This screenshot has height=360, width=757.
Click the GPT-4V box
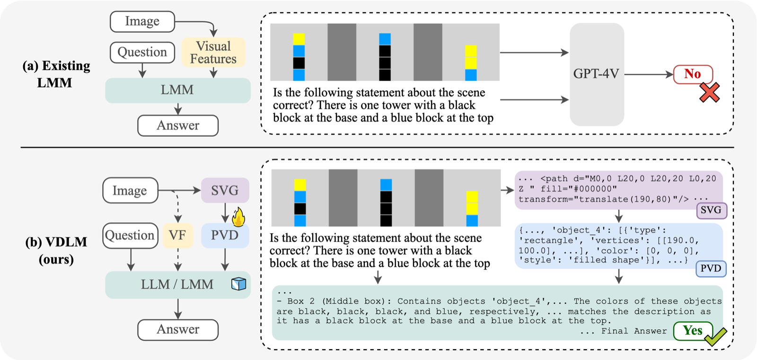pyautogui.click(x=596, y=74)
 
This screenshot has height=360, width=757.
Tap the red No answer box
pyautogui.click(x=692, y=74)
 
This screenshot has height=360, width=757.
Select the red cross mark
pyautogui.click(x=709, y=93)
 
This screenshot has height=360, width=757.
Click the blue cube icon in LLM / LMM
pyautogui.click(x=238, y=284)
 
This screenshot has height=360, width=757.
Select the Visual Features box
pyautogui.click(x=213, y=53)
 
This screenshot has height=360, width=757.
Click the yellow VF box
pyautogui.click(x=177, y=235)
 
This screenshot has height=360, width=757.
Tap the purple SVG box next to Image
pyautogui.click(x=225, y=190)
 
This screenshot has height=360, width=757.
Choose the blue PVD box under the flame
pyautogui.click(x=225, y=235)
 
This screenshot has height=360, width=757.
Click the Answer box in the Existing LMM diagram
pyautogui.click(x=178, y=125)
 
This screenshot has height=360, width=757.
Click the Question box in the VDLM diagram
pyautogui.click(x=130, y=235)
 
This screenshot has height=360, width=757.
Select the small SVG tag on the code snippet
pyautogui.click(x=711, y=210)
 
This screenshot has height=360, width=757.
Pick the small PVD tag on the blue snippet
pyautogui.click(x=711, y=269)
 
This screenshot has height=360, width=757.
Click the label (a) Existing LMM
pyautogui.click(x=56, y=74)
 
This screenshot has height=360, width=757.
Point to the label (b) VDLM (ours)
pyautogui.click(x=56, y=250)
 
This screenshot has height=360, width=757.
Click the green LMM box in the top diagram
pyautogui.click(x=177, y=90)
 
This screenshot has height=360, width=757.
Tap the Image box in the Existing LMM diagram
pyautogui.click(x=142, y=21)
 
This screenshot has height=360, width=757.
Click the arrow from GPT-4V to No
pyautogui.click(x=648, y=74)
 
